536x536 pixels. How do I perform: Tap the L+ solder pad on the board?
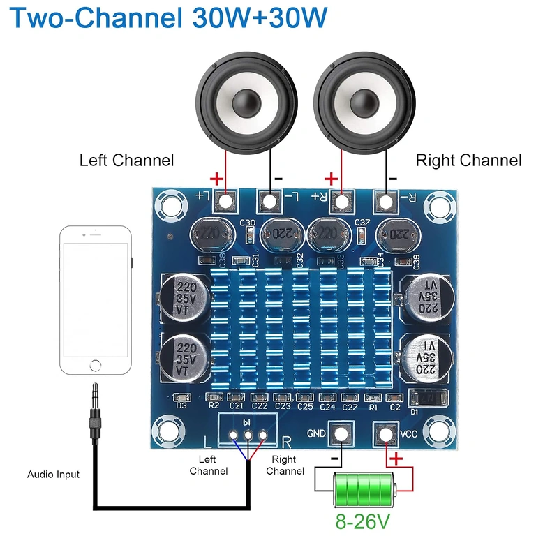[225, 202]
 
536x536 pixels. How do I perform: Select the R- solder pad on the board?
[384, 202]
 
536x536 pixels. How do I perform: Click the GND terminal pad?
[340, 434]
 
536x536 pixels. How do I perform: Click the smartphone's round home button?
[96, 365]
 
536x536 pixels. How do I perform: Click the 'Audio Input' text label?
[53, 475]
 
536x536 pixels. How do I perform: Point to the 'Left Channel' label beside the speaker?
[126, 160]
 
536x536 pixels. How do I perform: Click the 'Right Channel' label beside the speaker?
[468, 161]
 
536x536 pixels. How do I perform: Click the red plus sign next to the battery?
[396, 459]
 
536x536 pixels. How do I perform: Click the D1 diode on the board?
[426, 399]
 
